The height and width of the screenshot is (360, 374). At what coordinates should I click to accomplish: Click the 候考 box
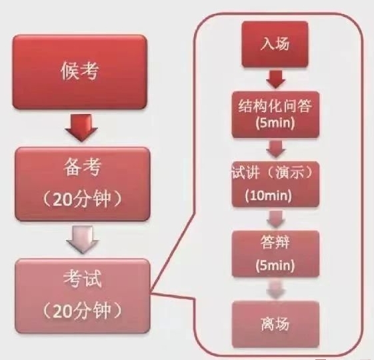click(x=79, y=72)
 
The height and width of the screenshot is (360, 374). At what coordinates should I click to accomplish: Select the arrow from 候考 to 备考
click(x=81, y=127)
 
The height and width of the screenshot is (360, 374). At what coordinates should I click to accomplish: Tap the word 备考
click(x=82, y=167)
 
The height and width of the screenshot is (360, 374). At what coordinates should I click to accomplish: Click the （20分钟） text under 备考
click(x=82, y=199)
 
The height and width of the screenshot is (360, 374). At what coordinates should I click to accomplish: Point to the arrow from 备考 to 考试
click(x=83, y=239)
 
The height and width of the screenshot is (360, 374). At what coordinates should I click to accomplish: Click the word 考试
click(x=82, y=279)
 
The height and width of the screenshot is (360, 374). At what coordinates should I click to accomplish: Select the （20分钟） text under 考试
click(x=82, y=311)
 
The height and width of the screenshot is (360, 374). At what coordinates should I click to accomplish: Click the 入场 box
click(x=275, y=44)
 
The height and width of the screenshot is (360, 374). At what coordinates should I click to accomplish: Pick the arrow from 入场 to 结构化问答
click(x=276, y=79)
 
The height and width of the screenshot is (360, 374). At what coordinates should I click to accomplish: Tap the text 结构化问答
click(x=275, y=106)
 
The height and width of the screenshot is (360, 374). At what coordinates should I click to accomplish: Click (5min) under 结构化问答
click(x=275, y=123)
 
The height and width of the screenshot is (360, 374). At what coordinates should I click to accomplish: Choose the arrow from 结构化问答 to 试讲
click(x=276, y=149)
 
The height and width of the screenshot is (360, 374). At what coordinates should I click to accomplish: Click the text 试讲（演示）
click(x=273, y=172)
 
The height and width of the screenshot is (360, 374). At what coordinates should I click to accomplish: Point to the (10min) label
click(x=269, y=195)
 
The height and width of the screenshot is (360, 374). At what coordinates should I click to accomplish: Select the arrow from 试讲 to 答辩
click(x=276, y=219)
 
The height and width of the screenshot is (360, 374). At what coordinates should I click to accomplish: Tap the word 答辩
click(x=275, y=242)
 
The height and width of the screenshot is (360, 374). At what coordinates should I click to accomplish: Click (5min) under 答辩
click(x=275, y=265)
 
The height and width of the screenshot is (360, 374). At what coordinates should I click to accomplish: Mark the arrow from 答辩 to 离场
click(x=276, y=289)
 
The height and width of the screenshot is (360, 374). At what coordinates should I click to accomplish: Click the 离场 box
click(x=275, y=324)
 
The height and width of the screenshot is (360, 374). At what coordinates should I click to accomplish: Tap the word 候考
click(x=79, y=71)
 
